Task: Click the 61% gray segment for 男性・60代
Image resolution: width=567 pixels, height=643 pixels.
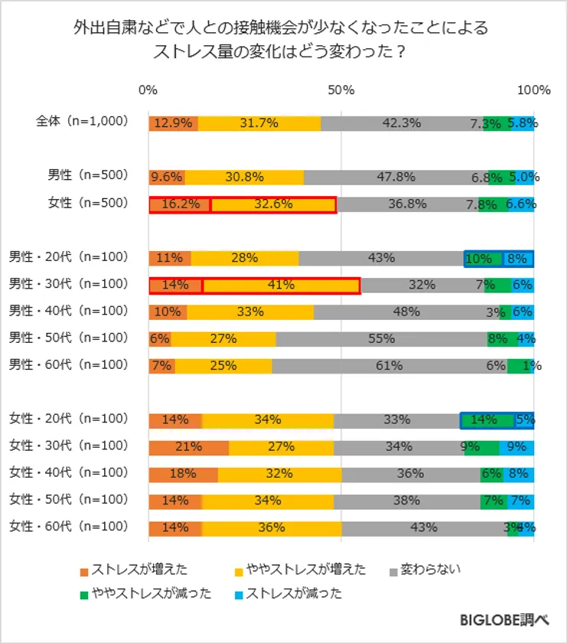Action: click(389, 366)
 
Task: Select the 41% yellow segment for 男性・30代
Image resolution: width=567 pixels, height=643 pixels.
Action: click(281, 286)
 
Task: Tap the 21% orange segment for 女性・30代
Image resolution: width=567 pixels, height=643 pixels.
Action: click(189, 447)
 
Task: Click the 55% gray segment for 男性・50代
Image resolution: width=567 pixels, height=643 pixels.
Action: click(381, 339)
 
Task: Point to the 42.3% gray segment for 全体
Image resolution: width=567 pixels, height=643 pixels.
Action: click(402, 124)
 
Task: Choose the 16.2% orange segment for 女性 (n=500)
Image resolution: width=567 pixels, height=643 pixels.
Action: click(180, 205)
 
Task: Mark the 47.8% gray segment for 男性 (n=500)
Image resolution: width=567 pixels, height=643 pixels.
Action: click(396, 178)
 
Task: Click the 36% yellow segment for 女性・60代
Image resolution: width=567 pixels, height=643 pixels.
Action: click(272, 528)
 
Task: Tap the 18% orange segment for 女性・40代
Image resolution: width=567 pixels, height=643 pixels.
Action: click(184, 474)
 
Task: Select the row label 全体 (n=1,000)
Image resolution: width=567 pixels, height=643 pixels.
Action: click(82, 122)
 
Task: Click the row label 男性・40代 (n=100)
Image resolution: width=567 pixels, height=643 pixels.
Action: click(68, 311)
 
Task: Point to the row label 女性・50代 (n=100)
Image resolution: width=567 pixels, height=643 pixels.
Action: click(68, 500)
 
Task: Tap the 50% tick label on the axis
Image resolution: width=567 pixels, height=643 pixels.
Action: click(341, 90)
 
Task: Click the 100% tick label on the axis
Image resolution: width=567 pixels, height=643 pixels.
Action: click(533, 90)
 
